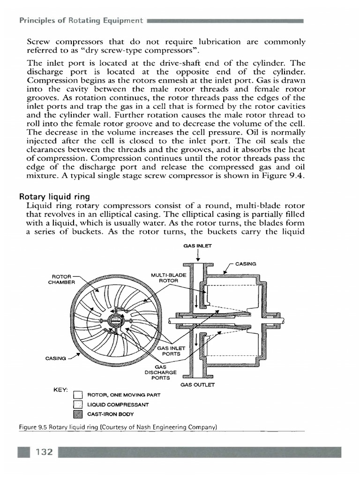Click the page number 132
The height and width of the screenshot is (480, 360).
(42, 452)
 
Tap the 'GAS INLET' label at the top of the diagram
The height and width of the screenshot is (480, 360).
(198, 246)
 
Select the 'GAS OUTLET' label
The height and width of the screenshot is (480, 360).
(197, 385)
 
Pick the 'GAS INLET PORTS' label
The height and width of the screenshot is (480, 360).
(172, 351)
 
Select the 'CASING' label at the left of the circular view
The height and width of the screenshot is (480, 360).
(56, 358)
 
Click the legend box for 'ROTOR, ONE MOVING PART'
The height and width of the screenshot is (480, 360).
(78, 395)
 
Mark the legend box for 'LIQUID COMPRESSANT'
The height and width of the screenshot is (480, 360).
(78, 405)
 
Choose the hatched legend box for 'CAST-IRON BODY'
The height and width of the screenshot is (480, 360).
(78, 414)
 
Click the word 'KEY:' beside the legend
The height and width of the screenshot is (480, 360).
(61, 390)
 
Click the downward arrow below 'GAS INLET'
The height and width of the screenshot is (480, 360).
(198, 255)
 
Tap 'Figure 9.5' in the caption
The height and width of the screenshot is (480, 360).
(34, 427)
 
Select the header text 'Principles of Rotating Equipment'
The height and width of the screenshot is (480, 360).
(80, 21)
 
